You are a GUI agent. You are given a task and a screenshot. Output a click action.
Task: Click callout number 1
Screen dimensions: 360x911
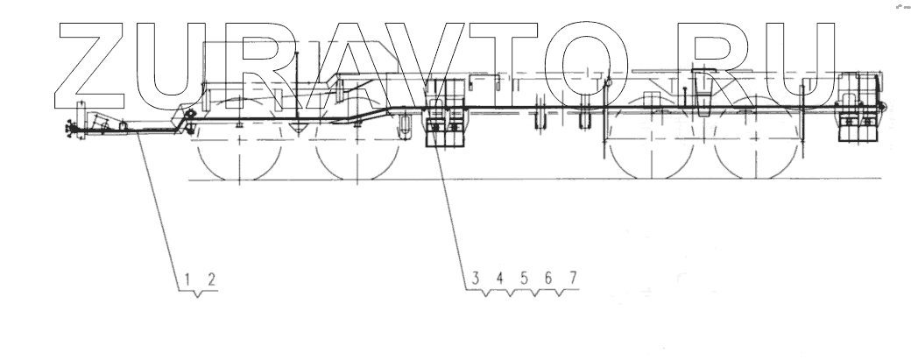[187, 279]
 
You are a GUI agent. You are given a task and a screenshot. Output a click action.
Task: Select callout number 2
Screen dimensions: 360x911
[210, 279]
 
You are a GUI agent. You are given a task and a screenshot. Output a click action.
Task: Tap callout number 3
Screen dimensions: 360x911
[476, 279]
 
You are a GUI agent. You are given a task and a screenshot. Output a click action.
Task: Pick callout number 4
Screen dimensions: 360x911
[499, 279]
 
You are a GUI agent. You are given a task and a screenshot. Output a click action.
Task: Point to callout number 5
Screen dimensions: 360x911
[524, 279]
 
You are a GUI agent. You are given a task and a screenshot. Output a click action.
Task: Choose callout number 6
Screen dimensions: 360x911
[548, 279]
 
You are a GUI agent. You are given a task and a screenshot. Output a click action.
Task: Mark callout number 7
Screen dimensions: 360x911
[573, 279]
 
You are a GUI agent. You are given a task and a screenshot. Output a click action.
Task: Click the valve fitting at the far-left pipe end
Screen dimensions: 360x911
[67, 132]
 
